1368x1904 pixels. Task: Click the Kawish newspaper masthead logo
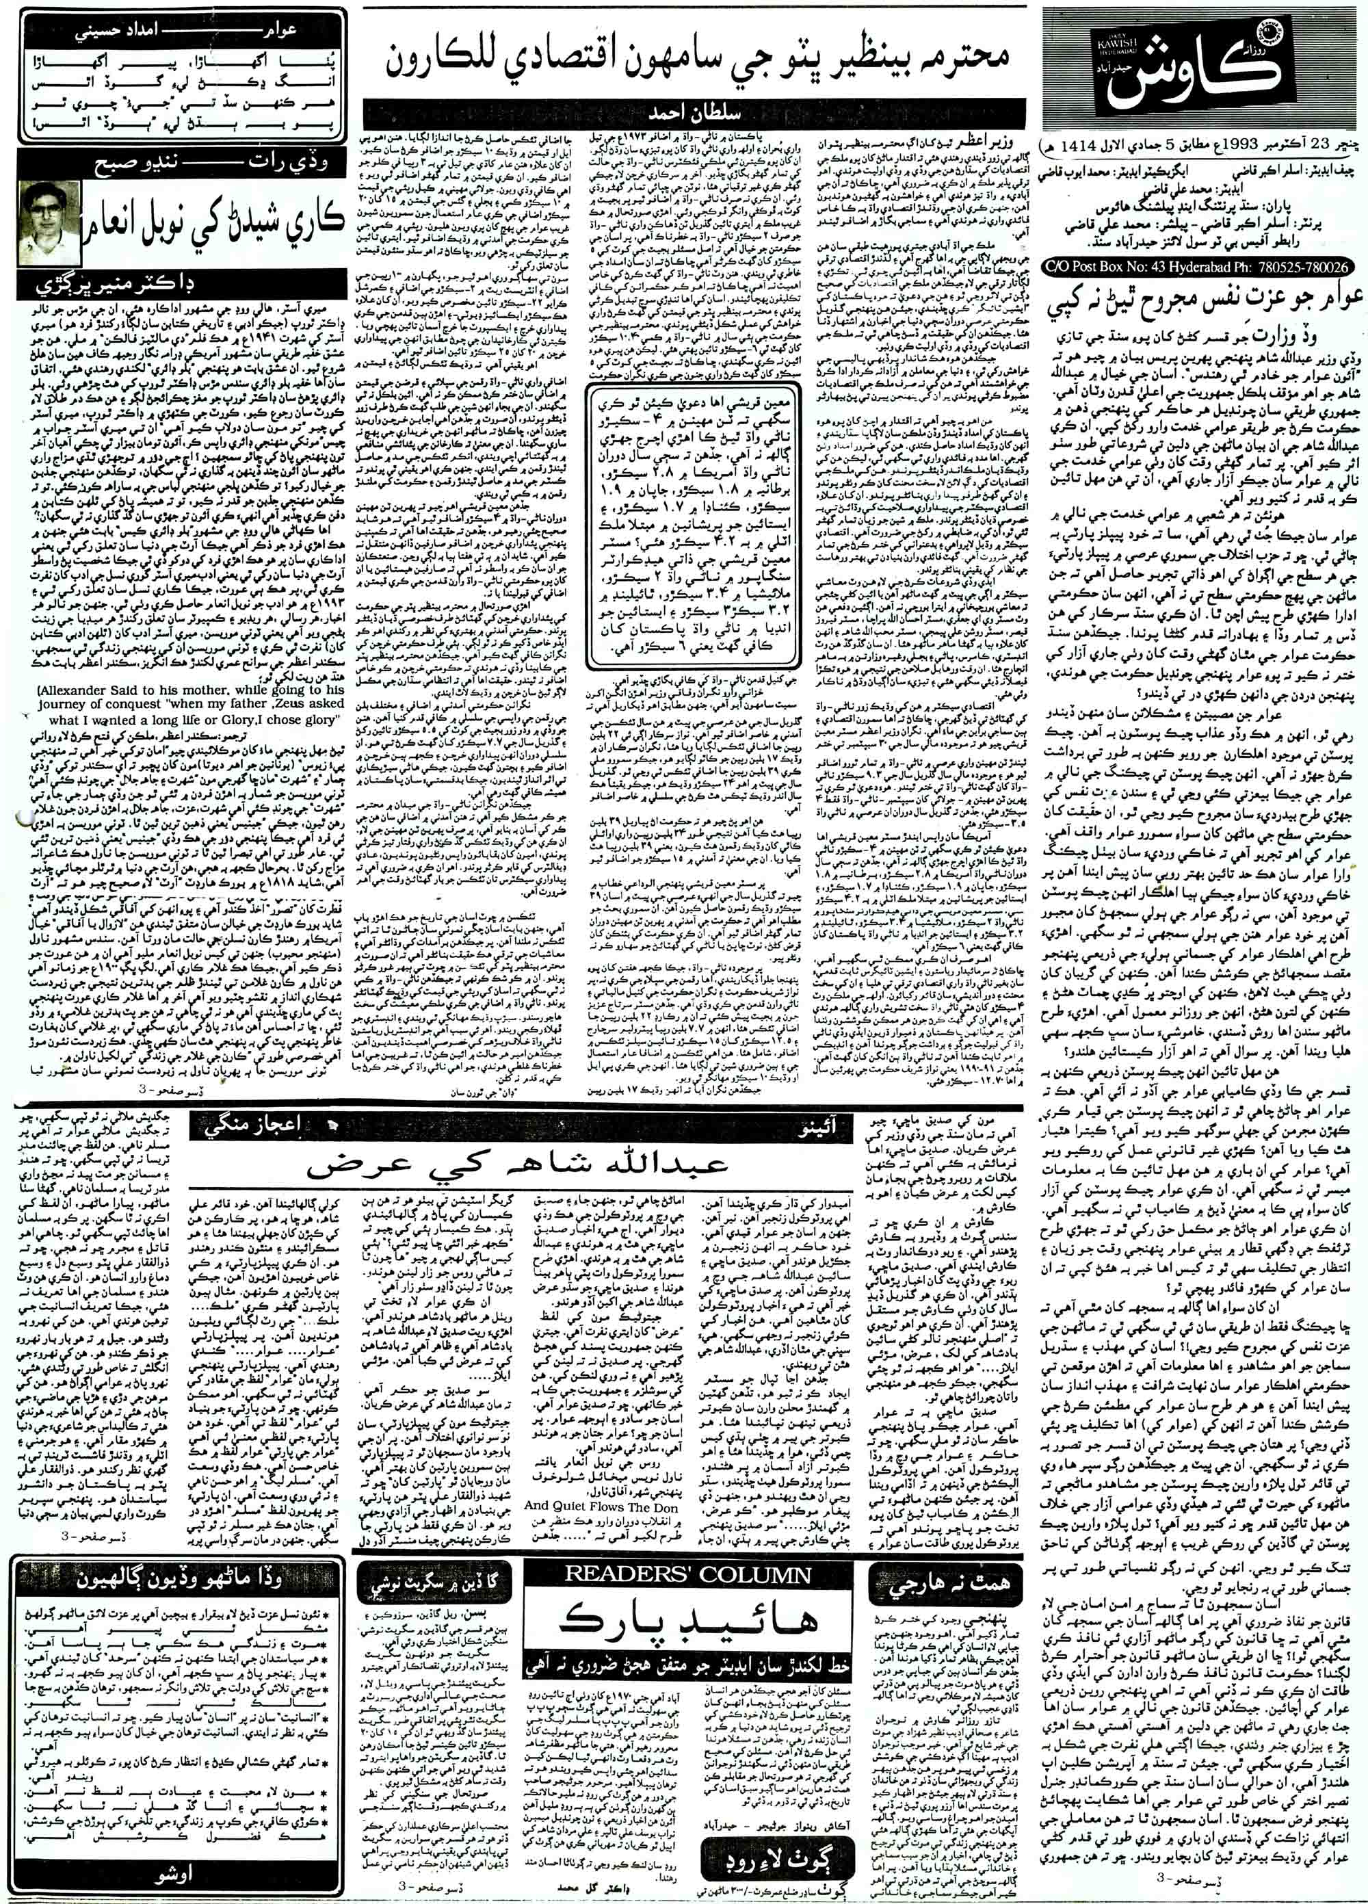pyautogui.click(x=1202, y=67)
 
